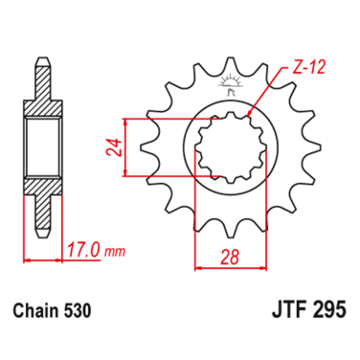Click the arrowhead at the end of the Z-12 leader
tap(252, 114)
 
